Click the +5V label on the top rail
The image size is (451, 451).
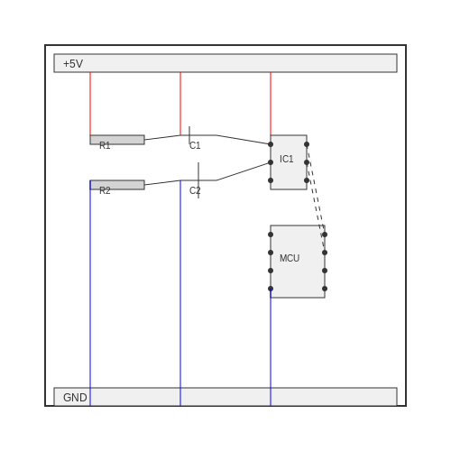(x=73, y=64)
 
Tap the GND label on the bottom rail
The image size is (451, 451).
(x=75, y=398)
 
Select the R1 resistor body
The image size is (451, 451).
(x=117, y=140)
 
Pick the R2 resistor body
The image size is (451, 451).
(x=117, y=185)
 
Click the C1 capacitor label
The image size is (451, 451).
(x=195, y=145)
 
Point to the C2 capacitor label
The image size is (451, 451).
(x=195, y=190)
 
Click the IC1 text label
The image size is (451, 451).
(x=287, y=159)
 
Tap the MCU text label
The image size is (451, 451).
(x=290, y=258)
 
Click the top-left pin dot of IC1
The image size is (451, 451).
(x=271, y=144)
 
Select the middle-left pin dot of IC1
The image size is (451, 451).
(x=271, y=162)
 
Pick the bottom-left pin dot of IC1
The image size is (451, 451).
(x=271, y=180)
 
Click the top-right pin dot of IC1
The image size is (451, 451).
(x=307, y=144)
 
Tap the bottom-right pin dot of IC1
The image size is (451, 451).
(x=307, y=180)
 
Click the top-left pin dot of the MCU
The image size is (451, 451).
(x=271, y=235)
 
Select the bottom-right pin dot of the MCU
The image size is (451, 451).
(x=325, y=289)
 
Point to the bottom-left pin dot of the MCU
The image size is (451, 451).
(x=271, y=289)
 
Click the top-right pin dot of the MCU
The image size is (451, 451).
(x=325, y=235)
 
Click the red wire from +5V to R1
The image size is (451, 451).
(x=90, y=104)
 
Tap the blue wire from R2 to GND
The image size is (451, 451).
(x=90, y=293)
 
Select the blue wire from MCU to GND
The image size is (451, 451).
(x=271, y=347)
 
